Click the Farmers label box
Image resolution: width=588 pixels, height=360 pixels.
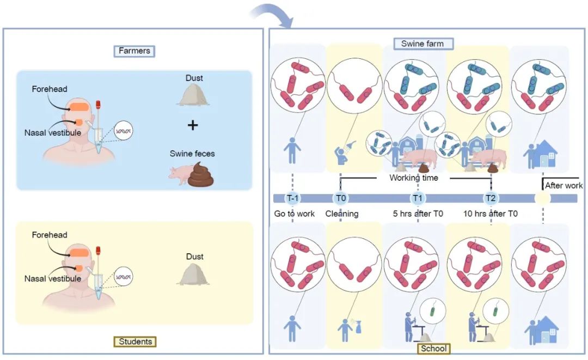pos(134,51)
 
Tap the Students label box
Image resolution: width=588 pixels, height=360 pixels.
pos(134,341)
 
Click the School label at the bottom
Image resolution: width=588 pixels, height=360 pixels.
pos(433,349)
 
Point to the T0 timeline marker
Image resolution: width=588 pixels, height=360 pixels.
pos(340,198)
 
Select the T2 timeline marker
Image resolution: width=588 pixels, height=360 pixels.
pos(491,198)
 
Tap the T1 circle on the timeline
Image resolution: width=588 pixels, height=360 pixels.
pos(418,198)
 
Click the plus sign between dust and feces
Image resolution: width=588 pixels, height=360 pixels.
pos(192,125)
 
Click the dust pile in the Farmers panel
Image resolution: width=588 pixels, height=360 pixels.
pos(194,96)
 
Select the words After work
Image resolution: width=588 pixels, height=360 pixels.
pos(563,185)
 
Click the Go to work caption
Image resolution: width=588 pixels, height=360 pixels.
pos(294,213)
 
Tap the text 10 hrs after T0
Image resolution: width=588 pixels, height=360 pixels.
pos(490,213)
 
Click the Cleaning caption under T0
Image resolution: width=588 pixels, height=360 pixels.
pos(342,213)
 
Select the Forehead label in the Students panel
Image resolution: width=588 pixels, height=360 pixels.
pos(50,235)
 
